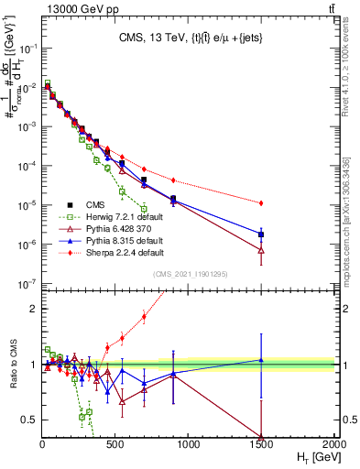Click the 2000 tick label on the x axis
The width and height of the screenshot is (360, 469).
pyautogui.click(x=334, y=444)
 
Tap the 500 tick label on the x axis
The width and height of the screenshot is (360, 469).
pyautogui.click(x=115, y=444)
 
